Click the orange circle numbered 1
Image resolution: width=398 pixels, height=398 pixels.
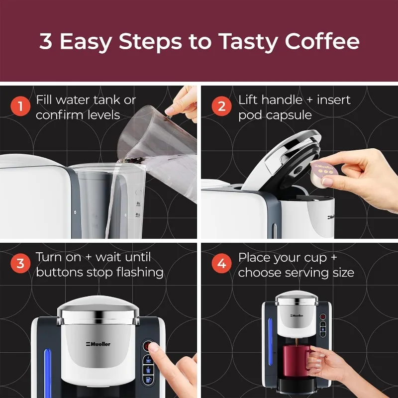[x=20, y=106]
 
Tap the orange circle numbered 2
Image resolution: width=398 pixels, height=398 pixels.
[x=221, y=106]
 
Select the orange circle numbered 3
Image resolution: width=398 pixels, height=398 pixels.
[x=20, y=263]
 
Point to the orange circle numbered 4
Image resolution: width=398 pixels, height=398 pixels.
[x=221, y=263]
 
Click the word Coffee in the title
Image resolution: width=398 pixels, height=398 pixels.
[x=322, y=41]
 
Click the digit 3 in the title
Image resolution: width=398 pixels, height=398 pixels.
[x=46, y=41]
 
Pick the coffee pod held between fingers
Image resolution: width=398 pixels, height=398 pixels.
[x=324, y=173]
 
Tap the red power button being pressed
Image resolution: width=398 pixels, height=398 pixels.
[x=148, y=345]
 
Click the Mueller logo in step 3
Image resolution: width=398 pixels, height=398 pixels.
[x=98, y=344]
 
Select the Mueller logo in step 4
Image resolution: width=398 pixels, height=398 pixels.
[x=297, y=315]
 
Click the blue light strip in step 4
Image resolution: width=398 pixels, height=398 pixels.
[x=270, y=342]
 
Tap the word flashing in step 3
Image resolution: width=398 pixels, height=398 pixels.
[x=140, y=273]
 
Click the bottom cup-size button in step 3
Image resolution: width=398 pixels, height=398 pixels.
[x=148, y=380]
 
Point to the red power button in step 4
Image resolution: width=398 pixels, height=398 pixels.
[x=322, y=317]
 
